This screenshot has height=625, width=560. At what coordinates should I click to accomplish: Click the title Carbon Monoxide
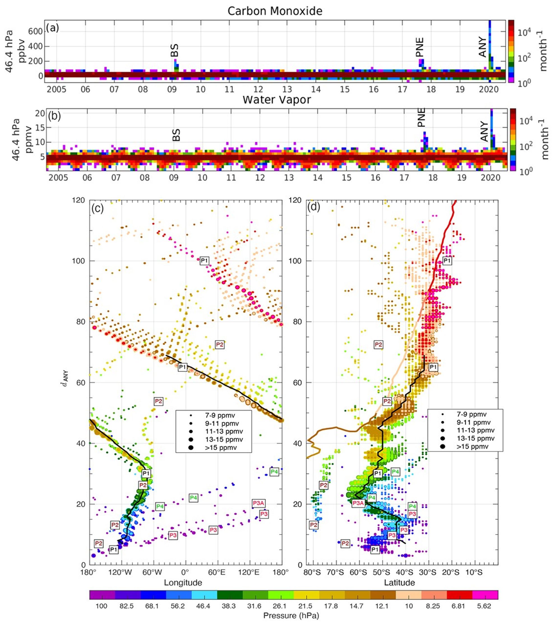(x=275, y=11)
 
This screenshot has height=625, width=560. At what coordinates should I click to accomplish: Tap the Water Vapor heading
(x=277, y=100)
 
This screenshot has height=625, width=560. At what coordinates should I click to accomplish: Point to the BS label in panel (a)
(x=174, y=50)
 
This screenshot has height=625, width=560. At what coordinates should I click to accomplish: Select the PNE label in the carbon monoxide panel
(x=420, y=47)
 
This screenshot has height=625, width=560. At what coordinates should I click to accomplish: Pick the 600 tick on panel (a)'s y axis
(x=36, y=31)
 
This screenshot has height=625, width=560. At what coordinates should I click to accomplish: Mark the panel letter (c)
(x=98, y=208)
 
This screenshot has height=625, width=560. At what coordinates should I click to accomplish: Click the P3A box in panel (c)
(x=258, y=503)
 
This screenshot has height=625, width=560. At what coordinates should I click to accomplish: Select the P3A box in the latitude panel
(x=358, y=503)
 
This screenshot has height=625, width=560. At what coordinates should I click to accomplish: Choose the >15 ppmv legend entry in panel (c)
(x=221, y=448)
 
